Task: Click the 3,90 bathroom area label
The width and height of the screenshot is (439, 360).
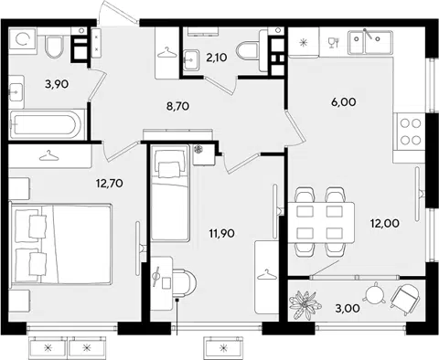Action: point(57,84)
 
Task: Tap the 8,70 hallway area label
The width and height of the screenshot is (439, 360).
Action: point(177,106)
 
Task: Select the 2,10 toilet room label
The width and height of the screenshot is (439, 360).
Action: point(217,57)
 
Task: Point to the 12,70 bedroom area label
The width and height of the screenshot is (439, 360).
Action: point(109,184)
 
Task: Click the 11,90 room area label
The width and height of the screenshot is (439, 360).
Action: point(221,234)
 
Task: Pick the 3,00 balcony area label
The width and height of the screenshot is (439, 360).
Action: point(348,308)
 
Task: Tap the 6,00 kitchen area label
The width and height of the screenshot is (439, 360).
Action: point(344,102)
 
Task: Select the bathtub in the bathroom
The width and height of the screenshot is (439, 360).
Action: point(47,125)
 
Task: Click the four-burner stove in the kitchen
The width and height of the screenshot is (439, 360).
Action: point(410,132)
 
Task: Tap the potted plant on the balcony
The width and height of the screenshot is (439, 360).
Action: point(305,304)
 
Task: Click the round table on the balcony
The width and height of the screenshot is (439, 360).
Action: point(374,294)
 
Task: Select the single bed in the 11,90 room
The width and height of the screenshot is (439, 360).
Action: point(169,193)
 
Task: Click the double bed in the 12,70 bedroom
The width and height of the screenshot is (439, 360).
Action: point(60,244)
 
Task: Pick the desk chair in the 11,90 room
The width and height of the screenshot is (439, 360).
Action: point(184,282)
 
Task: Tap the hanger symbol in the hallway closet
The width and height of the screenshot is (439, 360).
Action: point(167,53)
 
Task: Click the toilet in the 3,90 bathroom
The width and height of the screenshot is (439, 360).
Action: point(54,47)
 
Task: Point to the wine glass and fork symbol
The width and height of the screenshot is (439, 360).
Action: point(334,43)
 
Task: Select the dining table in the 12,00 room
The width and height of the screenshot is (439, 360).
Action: point(321,222)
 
